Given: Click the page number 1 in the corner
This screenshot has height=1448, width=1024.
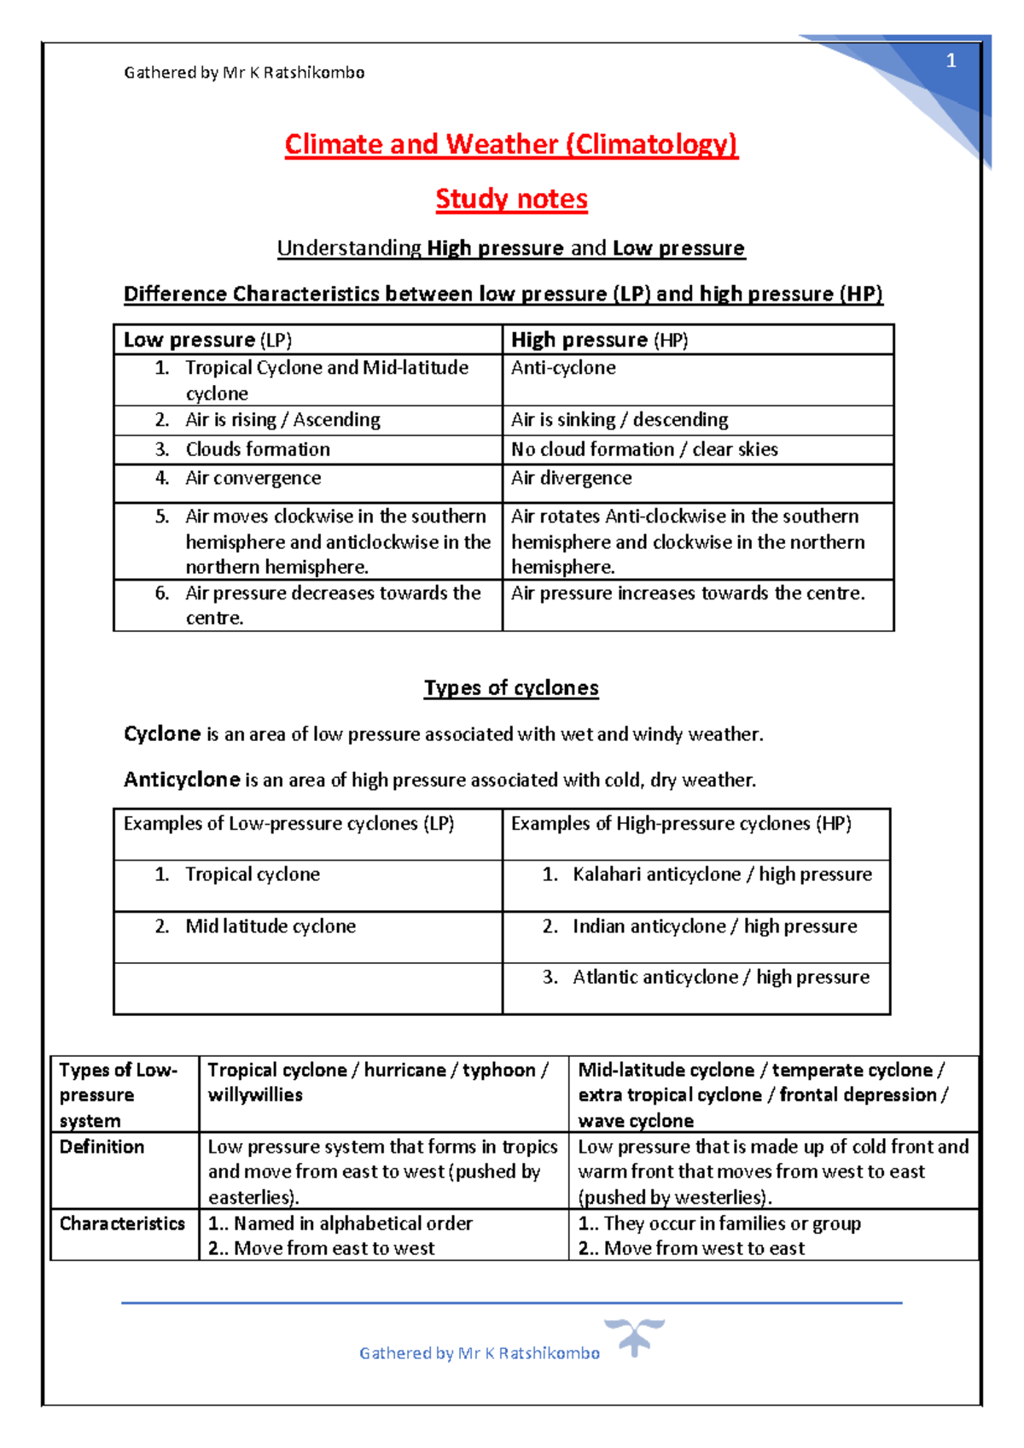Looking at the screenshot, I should click(x=951, y=61).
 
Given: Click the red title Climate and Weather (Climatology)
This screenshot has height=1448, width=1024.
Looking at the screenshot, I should click(x=511, y=144).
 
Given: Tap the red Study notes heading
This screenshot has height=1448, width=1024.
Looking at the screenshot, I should click(x=511, y=199).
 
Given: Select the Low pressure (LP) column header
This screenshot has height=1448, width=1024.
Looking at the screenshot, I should click(x=207, y=340).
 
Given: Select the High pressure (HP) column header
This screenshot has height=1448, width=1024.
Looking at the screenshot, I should click(x=599, y=340).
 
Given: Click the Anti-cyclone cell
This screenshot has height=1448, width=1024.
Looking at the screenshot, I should click(x=563, y=368).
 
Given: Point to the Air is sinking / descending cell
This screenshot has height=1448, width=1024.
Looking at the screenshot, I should click(x=620, y=420).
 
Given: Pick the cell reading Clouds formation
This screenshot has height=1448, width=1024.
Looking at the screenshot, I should click(x=258, y=449).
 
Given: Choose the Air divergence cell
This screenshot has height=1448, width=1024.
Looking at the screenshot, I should click(x=571, y=478).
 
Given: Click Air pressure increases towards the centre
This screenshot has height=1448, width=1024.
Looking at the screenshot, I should click(x=688, y=593).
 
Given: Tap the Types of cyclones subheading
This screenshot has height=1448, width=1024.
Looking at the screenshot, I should click(x=511, y=688).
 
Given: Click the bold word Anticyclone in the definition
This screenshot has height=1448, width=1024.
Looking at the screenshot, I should click(x=182, y=779).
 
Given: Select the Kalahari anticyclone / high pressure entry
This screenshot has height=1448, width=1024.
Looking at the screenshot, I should click(x=722, y=874).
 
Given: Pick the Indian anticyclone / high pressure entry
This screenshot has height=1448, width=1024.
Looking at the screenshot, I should click(x=714, y=926).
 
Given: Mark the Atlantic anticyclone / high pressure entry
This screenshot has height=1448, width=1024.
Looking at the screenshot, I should click(x=721, y=977).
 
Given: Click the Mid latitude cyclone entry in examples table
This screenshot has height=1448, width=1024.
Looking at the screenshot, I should click(x=271, y=926).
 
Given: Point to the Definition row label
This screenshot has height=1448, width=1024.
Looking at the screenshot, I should click(x=102, y=1147).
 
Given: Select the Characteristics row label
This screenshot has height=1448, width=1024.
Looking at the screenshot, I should click(x=122, y=1223).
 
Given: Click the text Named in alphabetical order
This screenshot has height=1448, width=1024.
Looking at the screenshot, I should click(x=352, y=1223).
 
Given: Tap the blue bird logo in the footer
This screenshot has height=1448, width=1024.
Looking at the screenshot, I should click(x=634, y=1335).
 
